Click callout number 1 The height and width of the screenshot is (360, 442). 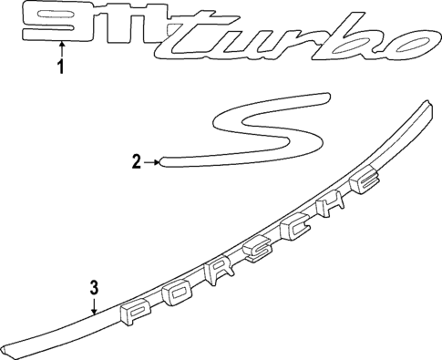click(x=61, y=68)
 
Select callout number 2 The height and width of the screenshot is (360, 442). click(x=137, y=163)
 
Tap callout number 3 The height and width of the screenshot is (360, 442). click(x=93, y=289)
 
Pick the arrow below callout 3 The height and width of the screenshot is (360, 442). click(x=93, y=308)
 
